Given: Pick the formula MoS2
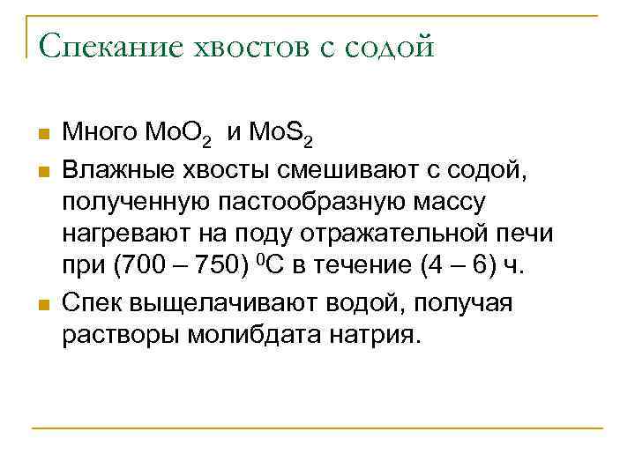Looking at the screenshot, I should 280,135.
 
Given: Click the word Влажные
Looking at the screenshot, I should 107,168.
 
